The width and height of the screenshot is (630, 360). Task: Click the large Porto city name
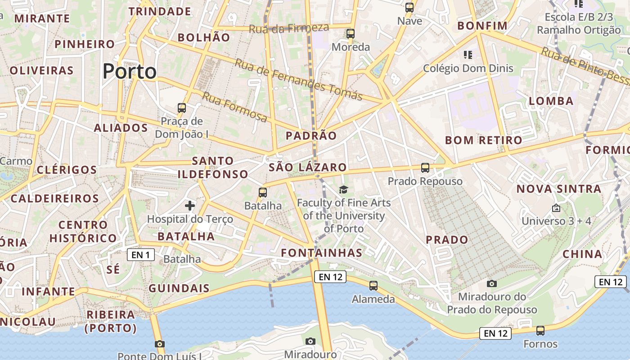coord(130,72)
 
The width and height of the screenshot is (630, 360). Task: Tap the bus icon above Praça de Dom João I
coord(182,108)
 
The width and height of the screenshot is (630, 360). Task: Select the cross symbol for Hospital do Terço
coord(190,206)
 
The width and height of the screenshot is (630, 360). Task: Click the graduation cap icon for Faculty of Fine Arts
coord(344,189)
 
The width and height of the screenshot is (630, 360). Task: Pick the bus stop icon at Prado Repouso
coord(425,168)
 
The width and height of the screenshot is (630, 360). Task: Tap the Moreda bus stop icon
coord(351,34)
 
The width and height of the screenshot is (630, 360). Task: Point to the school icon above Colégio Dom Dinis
coord(468,55)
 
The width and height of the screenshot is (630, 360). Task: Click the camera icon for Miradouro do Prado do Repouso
coord(492,283)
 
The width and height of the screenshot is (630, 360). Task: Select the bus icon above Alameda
coord(373,286)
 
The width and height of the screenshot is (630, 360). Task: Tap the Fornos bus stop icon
coord(540,331)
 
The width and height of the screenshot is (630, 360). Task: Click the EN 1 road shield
coord(141,255)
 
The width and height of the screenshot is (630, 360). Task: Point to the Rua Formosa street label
coord(234,107)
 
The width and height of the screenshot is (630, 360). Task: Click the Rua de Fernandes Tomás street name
coord(298,80)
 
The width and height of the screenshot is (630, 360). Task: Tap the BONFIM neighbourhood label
coord(482,26)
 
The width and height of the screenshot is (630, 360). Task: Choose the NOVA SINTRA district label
coord(558,189)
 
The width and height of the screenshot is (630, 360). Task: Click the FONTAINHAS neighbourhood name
coord(322,253)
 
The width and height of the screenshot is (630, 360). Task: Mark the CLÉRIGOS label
coord(67,170)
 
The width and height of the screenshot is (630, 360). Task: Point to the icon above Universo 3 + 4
coord(556,208)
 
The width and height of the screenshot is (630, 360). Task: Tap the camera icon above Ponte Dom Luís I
coord(159,344)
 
